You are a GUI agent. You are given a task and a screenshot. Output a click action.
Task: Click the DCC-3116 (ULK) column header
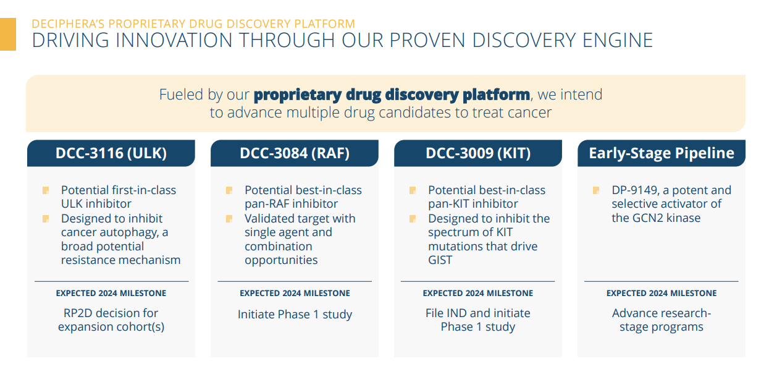point(111,153)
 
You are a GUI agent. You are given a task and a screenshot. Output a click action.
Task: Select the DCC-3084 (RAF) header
point(295,153)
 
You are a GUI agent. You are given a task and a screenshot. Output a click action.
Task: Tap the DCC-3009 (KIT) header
point(478,153)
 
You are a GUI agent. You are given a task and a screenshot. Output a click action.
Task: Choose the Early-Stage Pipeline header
point(662,153)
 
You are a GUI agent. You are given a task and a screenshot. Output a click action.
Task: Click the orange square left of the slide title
point(7,34)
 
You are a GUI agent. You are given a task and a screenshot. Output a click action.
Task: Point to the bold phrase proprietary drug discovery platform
point(392,95)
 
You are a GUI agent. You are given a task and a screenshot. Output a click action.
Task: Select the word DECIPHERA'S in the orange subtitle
point(69,24)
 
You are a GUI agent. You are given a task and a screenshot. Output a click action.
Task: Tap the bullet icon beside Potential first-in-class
point(46,190)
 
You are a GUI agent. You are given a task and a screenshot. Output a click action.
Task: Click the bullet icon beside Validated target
point(229,219)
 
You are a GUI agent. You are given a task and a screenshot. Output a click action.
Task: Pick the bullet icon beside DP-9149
point(596,190)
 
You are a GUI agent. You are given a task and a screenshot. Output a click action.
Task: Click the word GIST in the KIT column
point(440,260)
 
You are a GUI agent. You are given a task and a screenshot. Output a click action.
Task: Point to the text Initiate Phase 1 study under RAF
point(295,315)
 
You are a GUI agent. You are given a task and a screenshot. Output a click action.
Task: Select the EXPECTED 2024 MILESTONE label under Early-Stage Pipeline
point(662,294)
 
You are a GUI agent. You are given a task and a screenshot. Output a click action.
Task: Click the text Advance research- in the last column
point(662,313)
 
